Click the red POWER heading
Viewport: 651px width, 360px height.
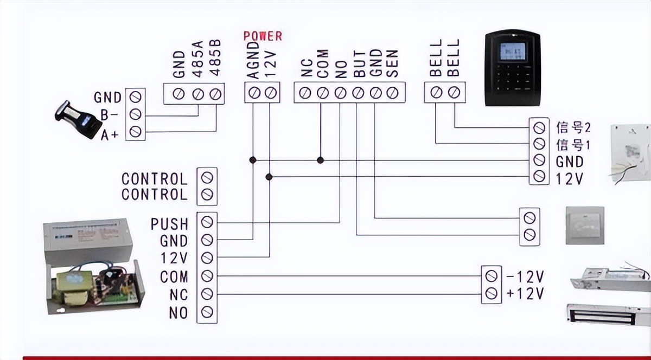coord(263,36)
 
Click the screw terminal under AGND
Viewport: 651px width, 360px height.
coord(253,93)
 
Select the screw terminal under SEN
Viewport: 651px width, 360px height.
coord(393,93)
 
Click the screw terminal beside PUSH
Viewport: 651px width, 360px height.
coord(207,222)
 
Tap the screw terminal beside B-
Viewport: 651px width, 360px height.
coord(135,114)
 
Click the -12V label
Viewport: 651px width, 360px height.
coord(525,277)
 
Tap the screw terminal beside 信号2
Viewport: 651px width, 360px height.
coord(539,128)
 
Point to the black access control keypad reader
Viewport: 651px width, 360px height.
coord(513,68)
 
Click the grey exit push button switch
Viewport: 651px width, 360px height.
coord(584,225)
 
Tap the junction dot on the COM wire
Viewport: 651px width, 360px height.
coord(321,160)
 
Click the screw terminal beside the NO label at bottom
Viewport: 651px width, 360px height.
coord(207,312)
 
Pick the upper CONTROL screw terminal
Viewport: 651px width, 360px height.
coord(207,177)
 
